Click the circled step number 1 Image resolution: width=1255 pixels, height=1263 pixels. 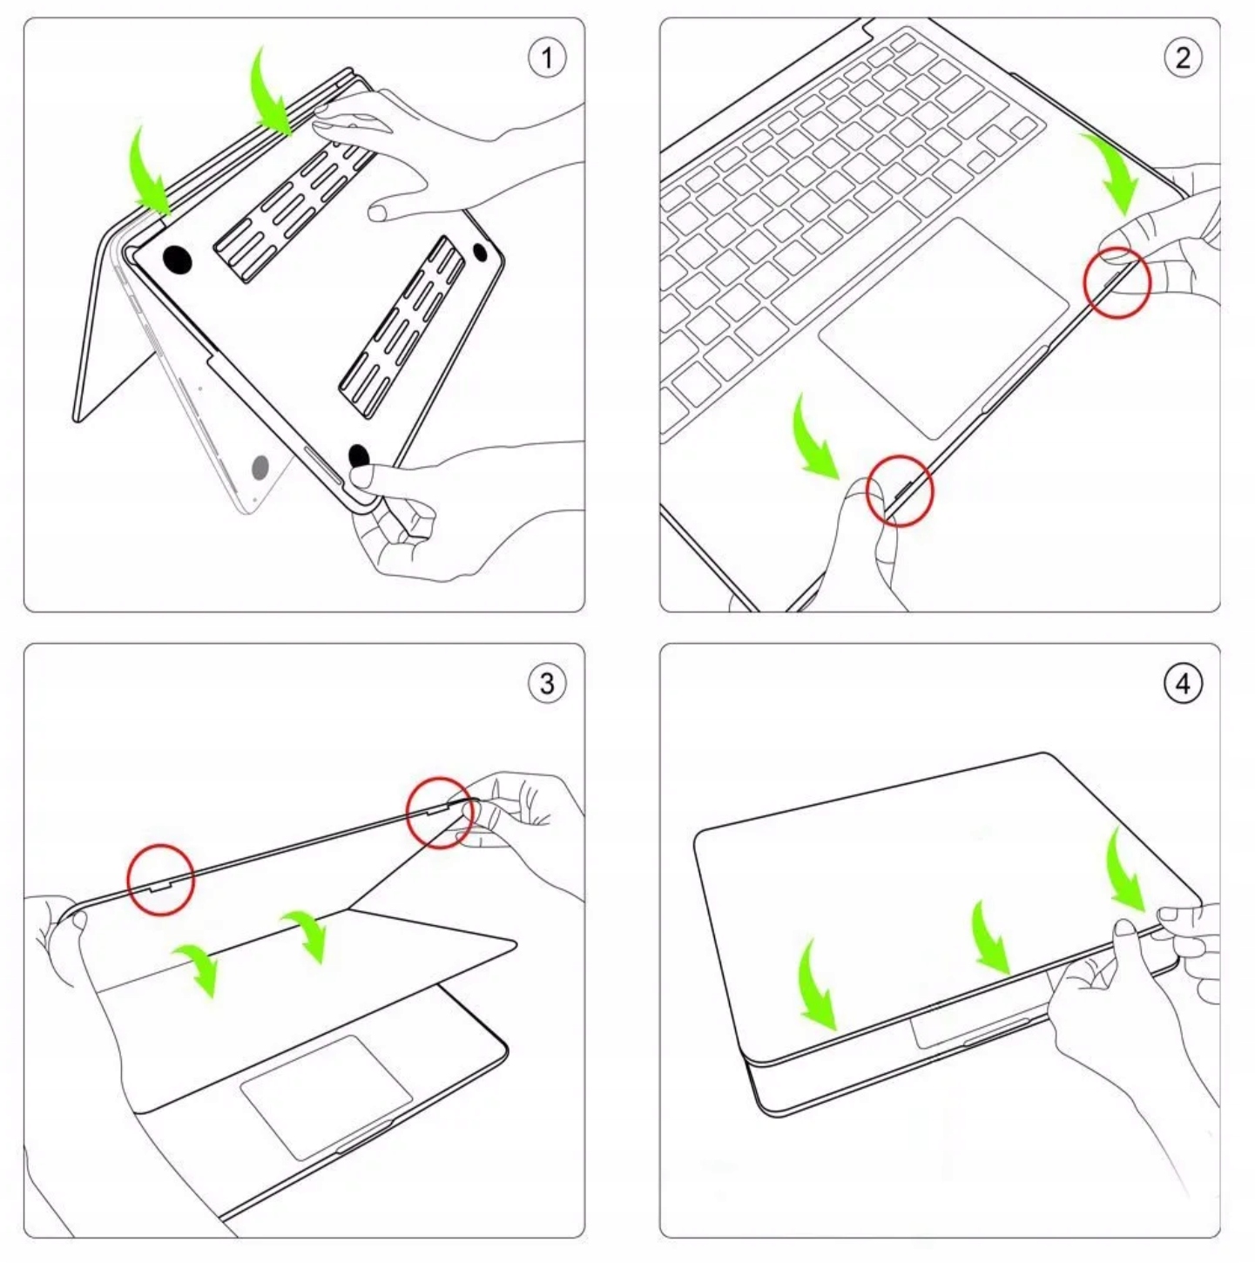pos(547,58)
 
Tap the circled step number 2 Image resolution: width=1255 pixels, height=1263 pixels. pos(1183,58)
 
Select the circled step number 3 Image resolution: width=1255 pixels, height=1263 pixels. pos(547,683)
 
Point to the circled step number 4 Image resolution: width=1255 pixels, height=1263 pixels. pos(1183,683)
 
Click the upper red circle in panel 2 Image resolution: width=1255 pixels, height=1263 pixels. pos(1117,281)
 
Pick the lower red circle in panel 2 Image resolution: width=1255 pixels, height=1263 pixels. pos(900,491)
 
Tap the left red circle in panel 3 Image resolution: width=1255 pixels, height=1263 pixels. pos(161,880)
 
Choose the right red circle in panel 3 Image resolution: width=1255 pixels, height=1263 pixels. pos(440,813)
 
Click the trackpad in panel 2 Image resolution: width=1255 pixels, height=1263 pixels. pos(943,327)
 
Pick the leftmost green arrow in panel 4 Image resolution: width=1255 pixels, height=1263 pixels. pos(815,984)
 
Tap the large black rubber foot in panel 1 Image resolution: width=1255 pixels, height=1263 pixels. pos(178,260)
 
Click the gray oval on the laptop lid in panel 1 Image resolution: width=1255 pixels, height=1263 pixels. pos(260,468)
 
